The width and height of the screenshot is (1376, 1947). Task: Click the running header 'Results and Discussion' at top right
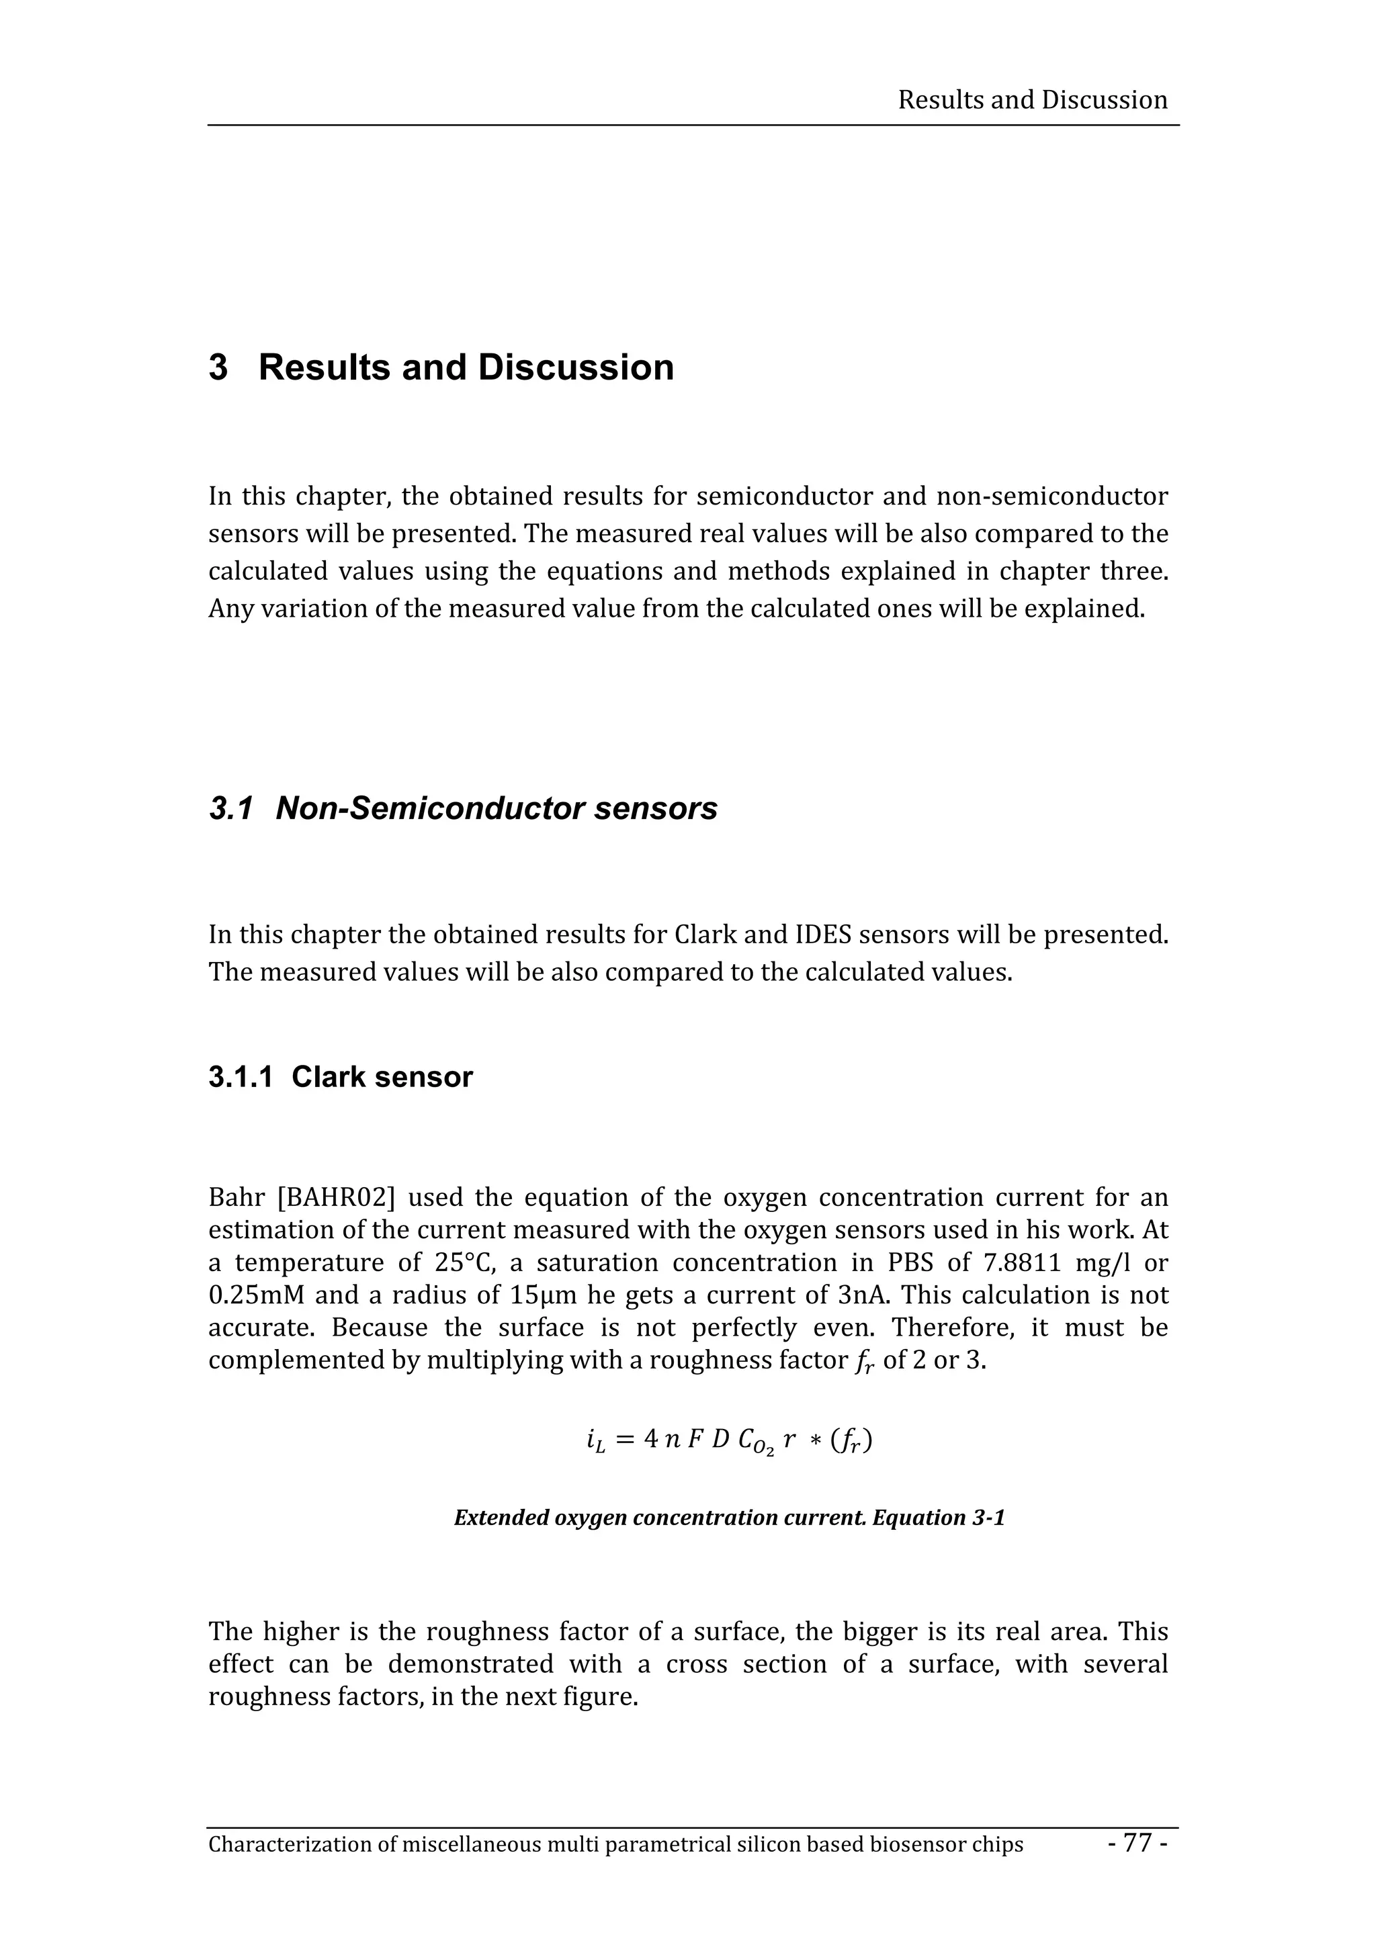tap(1032, 100)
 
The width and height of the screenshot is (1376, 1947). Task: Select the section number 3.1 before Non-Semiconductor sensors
tap(230, 809)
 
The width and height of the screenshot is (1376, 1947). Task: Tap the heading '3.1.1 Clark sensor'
tap(340, 1077)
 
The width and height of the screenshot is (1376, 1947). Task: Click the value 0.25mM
tap(256, 1295)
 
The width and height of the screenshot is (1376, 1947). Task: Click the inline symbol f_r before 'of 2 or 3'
tap(863, 1361)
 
